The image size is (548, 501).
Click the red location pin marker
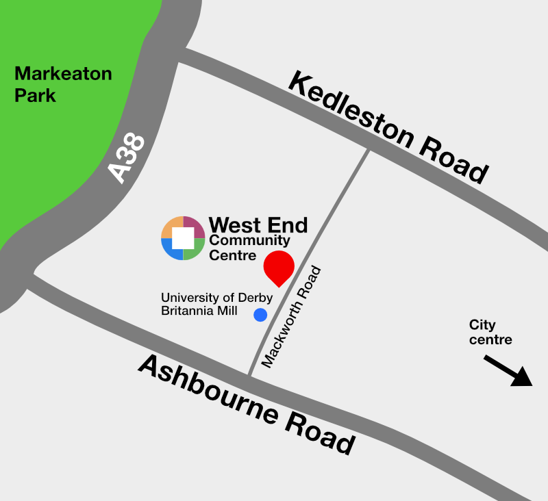pos(279,266)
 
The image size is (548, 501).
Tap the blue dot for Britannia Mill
pos(260,315)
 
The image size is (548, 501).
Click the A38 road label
pos(127,159)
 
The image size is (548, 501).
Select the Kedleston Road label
pos(388,127)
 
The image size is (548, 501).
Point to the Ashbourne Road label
pos(247,404)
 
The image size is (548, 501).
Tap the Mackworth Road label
pos(291,318)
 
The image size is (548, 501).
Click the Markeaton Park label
pos(63,83)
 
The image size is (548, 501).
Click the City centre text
pos(490,332)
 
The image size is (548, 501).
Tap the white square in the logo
pos(183,238)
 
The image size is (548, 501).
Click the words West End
pos(258,224)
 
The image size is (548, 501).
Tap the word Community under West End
pos(249,241)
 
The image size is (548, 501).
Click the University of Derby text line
pos(216,298)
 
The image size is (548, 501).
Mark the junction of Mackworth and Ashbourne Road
pos(250,376)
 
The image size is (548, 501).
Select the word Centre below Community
pos(232,255)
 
